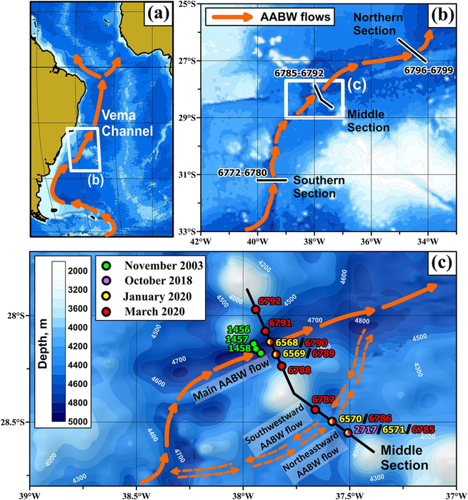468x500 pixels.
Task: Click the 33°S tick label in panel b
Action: point(188,231)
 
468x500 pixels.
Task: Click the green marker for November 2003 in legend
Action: point(102,266)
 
